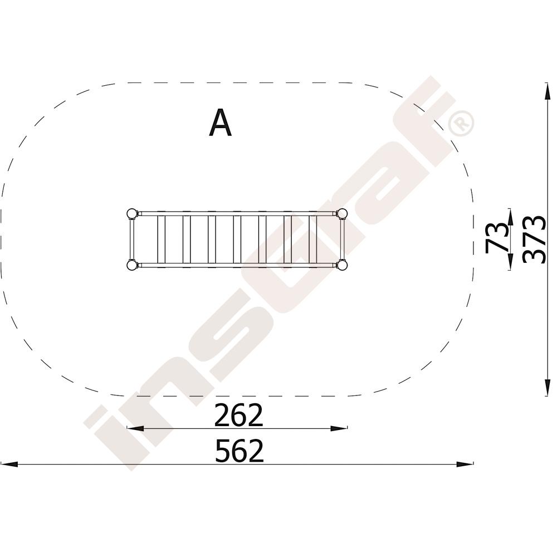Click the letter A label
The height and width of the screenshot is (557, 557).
tap(220, 123)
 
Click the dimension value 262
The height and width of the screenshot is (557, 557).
tap(239, 416)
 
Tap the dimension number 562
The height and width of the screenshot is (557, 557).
tap(240, 451)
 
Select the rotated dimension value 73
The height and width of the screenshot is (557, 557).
tap(497, 238)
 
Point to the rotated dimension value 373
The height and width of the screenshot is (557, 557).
tap(535, 240)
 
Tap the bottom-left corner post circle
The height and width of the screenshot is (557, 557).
tap(132, 265)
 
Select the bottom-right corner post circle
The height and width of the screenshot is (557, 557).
tap(342, 265)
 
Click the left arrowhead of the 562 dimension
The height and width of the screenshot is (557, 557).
tap(8, 464)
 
